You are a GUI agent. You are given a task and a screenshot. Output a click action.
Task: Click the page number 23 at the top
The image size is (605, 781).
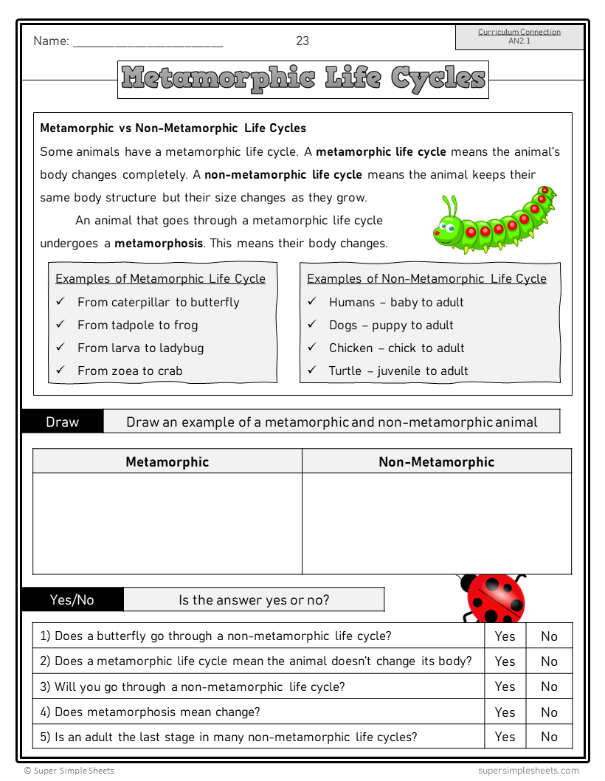(x=302, y=41)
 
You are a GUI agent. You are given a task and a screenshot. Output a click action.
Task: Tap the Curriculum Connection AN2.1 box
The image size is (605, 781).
(x=519, y=37)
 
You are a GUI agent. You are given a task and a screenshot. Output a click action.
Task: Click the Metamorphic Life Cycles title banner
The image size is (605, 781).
(x=302, y=78)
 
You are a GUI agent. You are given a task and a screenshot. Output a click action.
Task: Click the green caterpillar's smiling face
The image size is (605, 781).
(x=446, y=230)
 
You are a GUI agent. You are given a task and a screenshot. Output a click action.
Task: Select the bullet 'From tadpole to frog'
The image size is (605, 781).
(x=137, y=325)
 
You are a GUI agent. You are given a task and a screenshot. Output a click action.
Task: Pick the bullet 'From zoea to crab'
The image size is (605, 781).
(x=130, y=371)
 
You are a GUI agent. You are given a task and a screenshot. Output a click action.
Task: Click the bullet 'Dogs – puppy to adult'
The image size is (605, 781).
(x=391, y=325)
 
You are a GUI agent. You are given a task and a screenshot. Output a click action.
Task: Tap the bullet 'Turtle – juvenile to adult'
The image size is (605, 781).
(x=398, y=371)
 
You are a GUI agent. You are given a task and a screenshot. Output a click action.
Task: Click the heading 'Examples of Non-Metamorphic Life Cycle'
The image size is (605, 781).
(x=426, y=278)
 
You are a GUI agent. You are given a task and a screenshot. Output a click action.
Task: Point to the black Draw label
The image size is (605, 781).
(x=63, y=422)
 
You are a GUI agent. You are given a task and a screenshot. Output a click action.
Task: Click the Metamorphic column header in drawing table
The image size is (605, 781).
(x=167, y=462)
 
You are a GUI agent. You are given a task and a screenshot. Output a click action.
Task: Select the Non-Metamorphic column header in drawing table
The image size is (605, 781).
(x=437, y=462)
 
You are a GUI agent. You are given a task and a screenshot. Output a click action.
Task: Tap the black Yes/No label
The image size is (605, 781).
(x=72, y=599)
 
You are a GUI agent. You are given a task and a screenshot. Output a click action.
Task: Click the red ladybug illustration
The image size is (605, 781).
(x=494, y=597)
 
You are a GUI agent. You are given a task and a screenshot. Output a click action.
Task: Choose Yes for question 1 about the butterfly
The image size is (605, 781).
(x=505, y=636)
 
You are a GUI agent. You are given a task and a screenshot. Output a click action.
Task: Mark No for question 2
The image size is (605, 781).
(x=550, y=661)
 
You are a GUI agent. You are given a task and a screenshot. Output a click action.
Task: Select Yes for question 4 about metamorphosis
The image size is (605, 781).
(x=505, y=712)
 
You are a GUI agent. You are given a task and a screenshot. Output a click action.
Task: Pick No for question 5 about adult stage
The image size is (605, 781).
(x=550, y=737)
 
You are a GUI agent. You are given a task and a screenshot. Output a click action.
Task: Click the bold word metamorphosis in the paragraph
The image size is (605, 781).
(x=159, y=243)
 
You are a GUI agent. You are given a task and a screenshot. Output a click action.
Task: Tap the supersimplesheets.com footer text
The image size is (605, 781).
(x=528, y=771)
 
